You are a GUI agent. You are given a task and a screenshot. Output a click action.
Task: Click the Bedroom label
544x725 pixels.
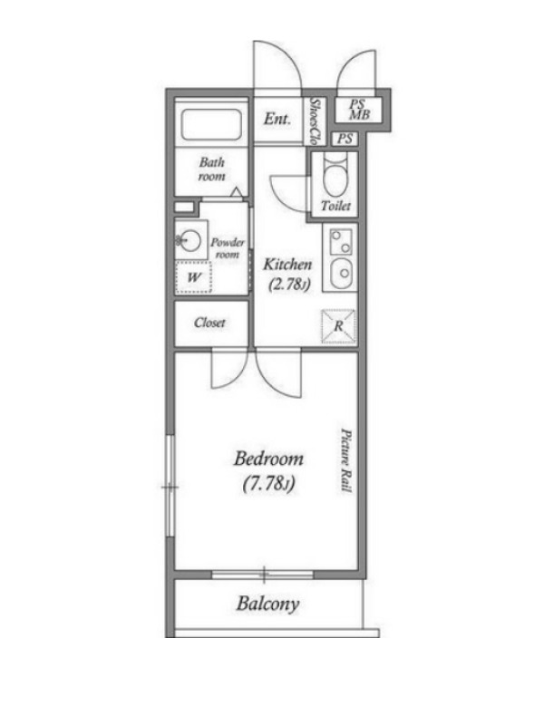coord(268,459)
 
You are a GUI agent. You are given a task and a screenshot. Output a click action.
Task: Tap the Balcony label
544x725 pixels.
coord(267,604)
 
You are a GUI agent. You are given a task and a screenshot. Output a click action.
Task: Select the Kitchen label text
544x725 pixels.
coord(287,265)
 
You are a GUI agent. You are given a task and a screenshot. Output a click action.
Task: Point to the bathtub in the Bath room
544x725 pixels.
coord(212,124)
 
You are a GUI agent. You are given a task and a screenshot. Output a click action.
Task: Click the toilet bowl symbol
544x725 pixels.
coord(335,176)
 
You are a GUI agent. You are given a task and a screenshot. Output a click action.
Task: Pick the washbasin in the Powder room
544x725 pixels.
coord(190,240)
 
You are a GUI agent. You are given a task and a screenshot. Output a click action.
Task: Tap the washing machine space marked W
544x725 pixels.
coord(193,277)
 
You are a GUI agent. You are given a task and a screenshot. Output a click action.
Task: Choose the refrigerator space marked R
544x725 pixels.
coord(338,326)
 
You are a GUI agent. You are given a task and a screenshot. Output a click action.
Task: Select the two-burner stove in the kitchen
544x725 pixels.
coord(341,242)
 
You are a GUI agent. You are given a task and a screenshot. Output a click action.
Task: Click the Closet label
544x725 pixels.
coord(210,323)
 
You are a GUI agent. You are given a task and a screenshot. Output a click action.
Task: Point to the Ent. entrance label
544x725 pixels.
coord(277,119)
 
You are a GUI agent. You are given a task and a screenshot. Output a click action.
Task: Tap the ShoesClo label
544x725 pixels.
coord(316,121)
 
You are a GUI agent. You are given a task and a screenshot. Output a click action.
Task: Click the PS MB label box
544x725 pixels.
coord(358,110)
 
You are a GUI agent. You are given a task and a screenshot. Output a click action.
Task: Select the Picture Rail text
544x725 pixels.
coord(346,461)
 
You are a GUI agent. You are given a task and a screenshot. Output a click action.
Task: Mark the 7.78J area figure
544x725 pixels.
coord(268,484)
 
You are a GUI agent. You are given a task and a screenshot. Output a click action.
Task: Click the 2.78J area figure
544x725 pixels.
coord(289,285)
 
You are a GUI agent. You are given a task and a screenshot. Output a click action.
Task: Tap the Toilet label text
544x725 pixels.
coord(335,206)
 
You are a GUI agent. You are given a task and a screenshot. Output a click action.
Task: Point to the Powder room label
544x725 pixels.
coord(228,247)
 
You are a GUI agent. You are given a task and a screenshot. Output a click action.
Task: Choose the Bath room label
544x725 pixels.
coord(212,169)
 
